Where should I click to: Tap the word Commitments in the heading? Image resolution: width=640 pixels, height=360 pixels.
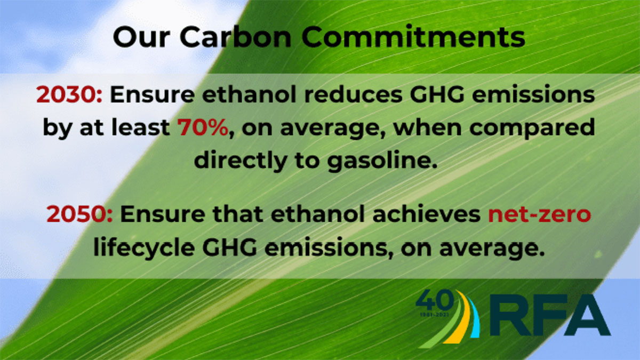pos(413,37)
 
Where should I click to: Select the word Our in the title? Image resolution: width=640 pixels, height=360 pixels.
pos(141,37)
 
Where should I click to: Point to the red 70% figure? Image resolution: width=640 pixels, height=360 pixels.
pos(203,127)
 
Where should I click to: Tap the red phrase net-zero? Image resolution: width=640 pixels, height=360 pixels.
pos(539,215)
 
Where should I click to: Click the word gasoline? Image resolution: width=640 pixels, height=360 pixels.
pos(382,161)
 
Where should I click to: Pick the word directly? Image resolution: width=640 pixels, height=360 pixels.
pos(241,161)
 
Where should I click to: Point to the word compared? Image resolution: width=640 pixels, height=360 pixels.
pos(532,129)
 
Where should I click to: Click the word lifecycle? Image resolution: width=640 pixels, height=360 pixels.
pos(144,249)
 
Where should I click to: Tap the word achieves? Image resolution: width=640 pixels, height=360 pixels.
pos(426,214)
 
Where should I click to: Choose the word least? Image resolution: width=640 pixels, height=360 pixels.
pos(141,127)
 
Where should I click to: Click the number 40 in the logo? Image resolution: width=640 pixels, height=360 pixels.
pos(435,302)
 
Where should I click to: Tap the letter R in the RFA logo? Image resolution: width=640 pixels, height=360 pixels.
pos(510,315)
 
